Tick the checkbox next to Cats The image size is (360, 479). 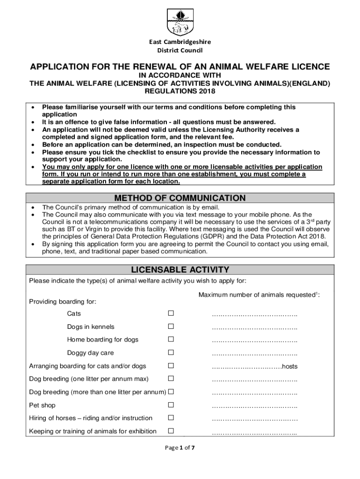click(x=171, y=313)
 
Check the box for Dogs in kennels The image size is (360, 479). click(x=171, y=327)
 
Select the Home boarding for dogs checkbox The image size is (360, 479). click(x=171, y=340)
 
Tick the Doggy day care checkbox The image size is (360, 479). click(x=171, y=353)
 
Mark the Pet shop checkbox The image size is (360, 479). click(x=171, y=405)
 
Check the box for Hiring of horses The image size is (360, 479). click(x=171, y=418)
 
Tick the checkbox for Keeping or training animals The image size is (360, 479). click(x=171, y=431)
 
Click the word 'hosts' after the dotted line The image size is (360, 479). click(x=289, y=366)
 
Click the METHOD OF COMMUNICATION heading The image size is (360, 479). click(x=180, y=198)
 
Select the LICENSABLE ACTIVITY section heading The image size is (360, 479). click(x=180, y=269)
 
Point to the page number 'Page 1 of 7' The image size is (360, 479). click(x=180, y=448)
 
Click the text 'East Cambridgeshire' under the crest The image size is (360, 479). click(x=180, y=42)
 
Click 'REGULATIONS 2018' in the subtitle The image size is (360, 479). click(x=180, y=91)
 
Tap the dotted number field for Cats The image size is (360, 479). click(x=254, y=314)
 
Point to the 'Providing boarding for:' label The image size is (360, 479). click(x=63, y=302)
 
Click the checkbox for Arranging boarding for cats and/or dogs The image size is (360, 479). click(x=171, y=366)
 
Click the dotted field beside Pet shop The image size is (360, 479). click(x=254, y=406)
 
